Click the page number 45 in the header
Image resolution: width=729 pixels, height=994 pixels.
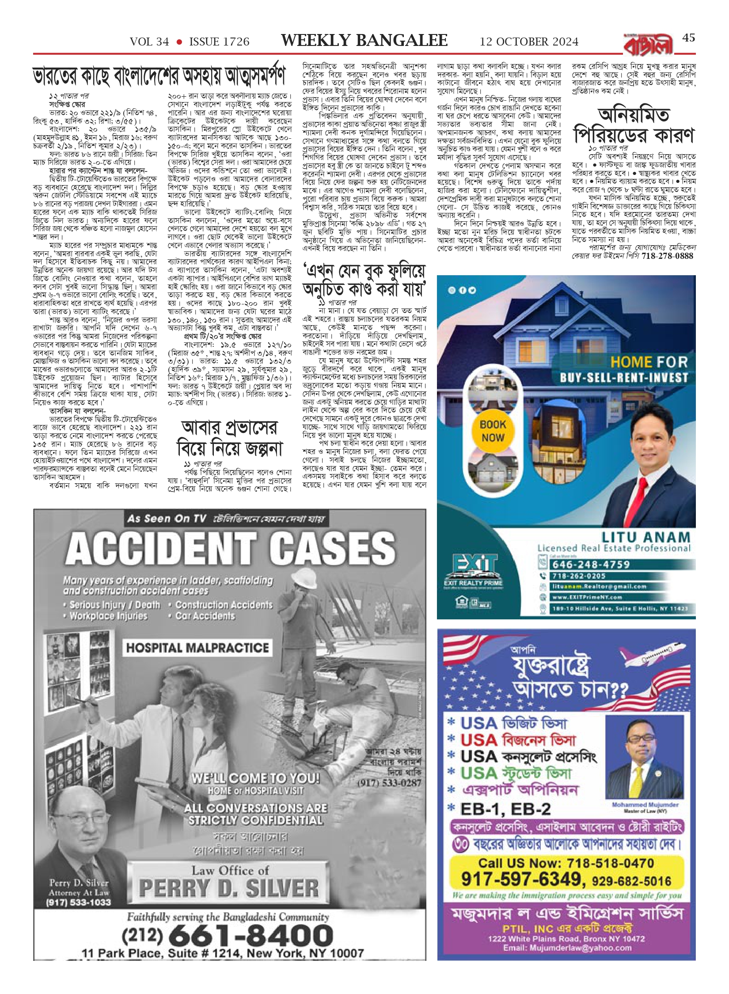pos(688,38)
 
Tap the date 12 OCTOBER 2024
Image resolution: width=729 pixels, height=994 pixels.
pos(529,42)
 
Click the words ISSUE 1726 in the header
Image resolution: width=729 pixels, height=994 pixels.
pos(219,42)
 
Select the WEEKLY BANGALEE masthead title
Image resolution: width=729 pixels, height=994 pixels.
pos(364,41)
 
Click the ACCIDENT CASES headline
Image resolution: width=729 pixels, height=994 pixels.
pos(230,549)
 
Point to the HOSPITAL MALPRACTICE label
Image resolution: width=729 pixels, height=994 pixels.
pos(197,648)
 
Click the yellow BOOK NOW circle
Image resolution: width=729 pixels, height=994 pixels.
pos(493,431)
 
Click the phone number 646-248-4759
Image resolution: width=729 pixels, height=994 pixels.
pos(590,564)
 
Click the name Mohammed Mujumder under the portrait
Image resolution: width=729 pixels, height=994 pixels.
pos(645,804)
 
